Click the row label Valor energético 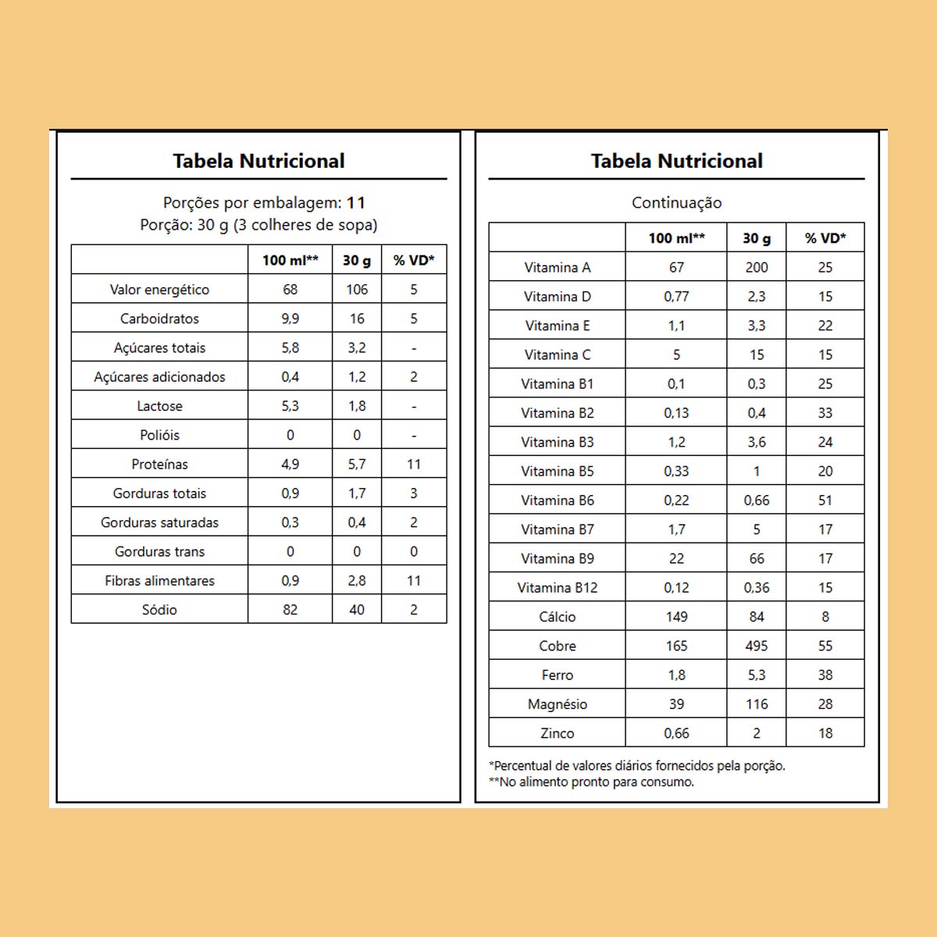tap(159, 290)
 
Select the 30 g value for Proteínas tap(357, 465)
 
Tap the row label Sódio tap(159, 610)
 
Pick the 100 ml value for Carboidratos tap(290, 319)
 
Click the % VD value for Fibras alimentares tap(414, 581)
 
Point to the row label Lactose tap(159, 406)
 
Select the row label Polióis tap(159, 435)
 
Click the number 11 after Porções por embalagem tap(356, 203)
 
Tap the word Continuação tap(676, 203)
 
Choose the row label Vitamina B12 tap(557, 588)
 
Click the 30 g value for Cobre tap(756, 646)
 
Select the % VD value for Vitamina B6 tap(825, 501)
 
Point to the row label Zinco tap(557, 733)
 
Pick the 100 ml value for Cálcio tap(676, 617)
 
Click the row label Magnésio tap(557, 704)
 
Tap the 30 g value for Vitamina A tap(756, 267)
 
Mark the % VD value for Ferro tap(825, 675)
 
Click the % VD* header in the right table tap(825, 238)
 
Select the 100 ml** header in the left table tap(290, 260)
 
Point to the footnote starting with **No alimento tap(591, 782)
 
